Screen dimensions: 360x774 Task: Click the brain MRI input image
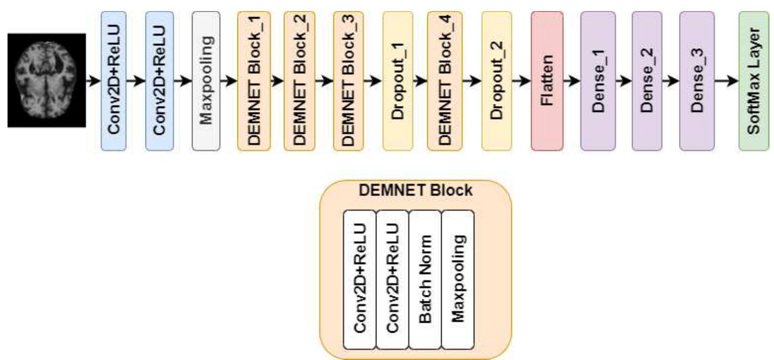pyautogui.click(x=46, y=80)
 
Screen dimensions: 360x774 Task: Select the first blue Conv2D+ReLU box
pyautogui.click(x=114, y=81)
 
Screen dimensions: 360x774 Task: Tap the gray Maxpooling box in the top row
pyautogui.click(x=206, y=81)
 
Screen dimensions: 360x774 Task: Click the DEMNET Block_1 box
pyautogui.click(x=254, y=81)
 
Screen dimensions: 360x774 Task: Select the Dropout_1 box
pyautogui.click(x=398, y=81)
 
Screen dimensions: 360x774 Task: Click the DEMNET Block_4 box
pyautogui.click(x=445, y=81)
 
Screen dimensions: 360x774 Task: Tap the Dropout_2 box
pyautogui.click(x=497, y=81)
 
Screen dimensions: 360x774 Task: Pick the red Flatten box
pyautogui.click(x=547, y=81)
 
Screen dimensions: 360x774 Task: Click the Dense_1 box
pyautogui.click(x=598, y=81)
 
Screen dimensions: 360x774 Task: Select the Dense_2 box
pyautogui.click(x=648, y=81)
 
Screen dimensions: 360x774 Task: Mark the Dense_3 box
pyautogui.click(x=697, y=81)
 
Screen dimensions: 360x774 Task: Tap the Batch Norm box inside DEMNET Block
pyautogui.click(x=425, y=280)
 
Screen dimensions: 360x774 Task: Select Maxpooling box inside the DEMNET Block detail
pyautogui.click(x=458, y=280)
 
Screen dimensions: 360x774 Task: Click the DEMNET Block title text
pyautogui.click(x=416, y=190)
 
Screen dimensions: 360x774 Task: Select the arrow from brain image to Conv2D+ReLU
pyautogui.click(x=93, y=81)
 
